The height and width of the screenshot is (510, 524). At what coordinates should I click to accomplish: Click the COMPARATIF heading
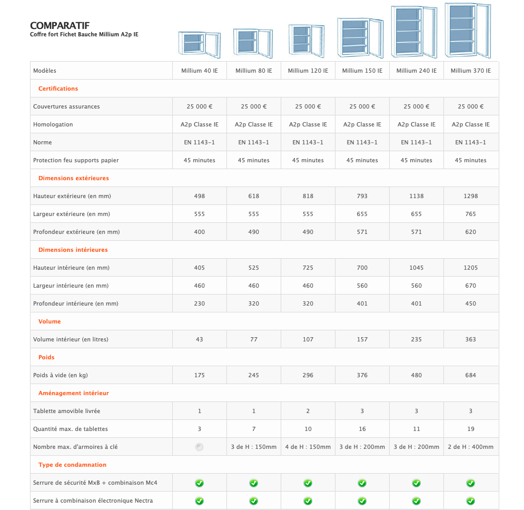(x=60, y=26)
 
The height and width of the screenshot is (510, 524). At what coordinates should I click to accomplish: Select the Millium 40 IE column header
(x=200, y=71)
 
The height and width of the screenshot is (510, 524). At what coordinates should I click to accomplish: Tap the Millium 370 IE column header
(x=471, y=71)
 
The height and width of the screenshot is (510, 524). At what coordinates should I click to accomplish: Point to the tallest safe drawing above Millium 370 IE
(x=467, y=30)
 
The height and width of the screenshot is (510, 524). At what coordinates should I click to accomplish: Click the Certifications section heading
(x=58, y=89)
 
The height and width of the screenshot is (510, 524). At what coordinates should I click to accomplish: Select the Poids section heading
(x=46, y=357)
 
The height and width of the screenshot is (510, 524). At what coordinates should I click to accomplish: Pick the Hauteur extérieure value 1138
(x=417, y=196)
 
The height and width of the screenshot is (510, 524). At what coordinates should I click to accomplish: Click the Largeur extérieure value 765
(x=471, y=214)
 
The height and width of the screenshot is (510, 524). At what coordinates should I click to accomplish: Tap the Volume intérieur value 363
(x=471, y=339)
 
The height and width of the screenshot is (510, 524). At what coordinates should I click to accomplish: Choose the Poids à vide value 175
(x=200, y=375)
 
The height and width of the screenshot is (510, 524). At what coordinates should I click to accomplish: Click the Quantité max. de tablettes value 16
(x=362, y=429)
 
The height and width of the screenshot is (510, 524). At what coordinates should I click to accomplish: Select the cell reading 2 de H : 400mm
(x=471, y=447)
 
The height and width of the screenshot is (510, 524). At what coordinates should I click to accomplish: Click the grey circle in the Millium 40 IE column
(x=199, y=447)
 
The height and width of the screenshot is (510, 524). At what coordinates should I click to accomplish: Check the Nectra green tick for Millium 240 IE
(x=417, y=501)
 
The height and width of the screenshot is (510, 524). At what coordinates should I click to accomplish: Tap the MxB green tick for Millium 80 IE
(x=254, y=483)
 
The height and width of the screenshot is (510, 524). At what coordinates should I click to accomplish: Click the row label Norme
(x=43, y=142)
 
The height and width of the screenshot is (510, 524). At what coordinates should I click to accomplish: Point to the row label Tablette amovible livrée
(x=66, y=411)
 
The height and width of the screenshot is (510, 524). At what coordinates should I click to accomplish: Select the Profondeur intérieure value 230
(x=200, y=303)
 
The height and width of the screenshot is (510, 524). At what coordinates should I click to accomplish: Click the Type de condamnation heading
(x=72, y=465)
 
